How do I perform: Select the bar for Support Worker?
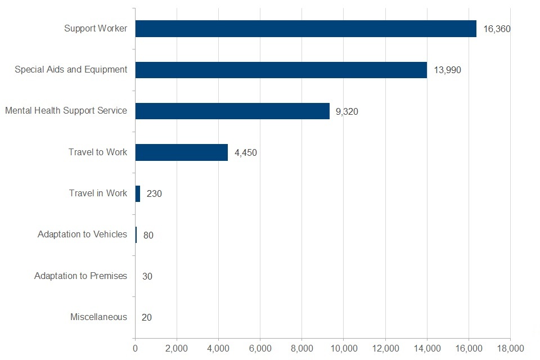click(x=305, y=29)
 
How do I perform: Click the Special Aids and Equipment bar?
click(x=281, y=70)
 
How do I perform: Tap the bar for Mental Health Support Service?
click(x=232, y=111)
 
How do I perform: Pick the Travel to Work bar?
click(x=181, y=152)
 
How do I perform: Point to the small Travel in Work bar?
click(x=138, y=193)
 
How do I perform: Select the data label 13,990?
click(x=447, y=70)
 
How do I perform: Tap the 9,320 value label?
click(x=346, y=111)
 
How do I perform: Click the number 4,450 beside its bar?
click(x=245, y=152)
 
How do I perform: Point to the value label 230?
click(x=154, y=193)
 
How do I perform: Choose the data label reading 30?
click(x=147, y=276)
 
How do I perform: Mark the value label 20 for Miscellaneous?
click(x=147, y=317)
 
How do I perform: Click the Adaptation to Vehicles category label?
click(x=82, y=235)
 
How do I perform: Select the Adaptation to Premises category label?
click(x=80, y=276)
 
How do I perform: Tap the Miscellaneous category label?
click(x=98, y=317)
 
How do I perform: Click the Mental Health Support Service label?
click(x=66, y=111)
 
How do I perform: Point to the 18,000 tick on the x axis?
click(x=510, y=349)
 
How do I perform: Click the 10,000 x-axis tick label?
click(x=344, y=349)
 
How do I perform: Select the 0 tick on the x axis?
click(x=135, y=349)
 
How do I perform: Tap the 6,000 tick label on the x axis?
click(x=260, y=349)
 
